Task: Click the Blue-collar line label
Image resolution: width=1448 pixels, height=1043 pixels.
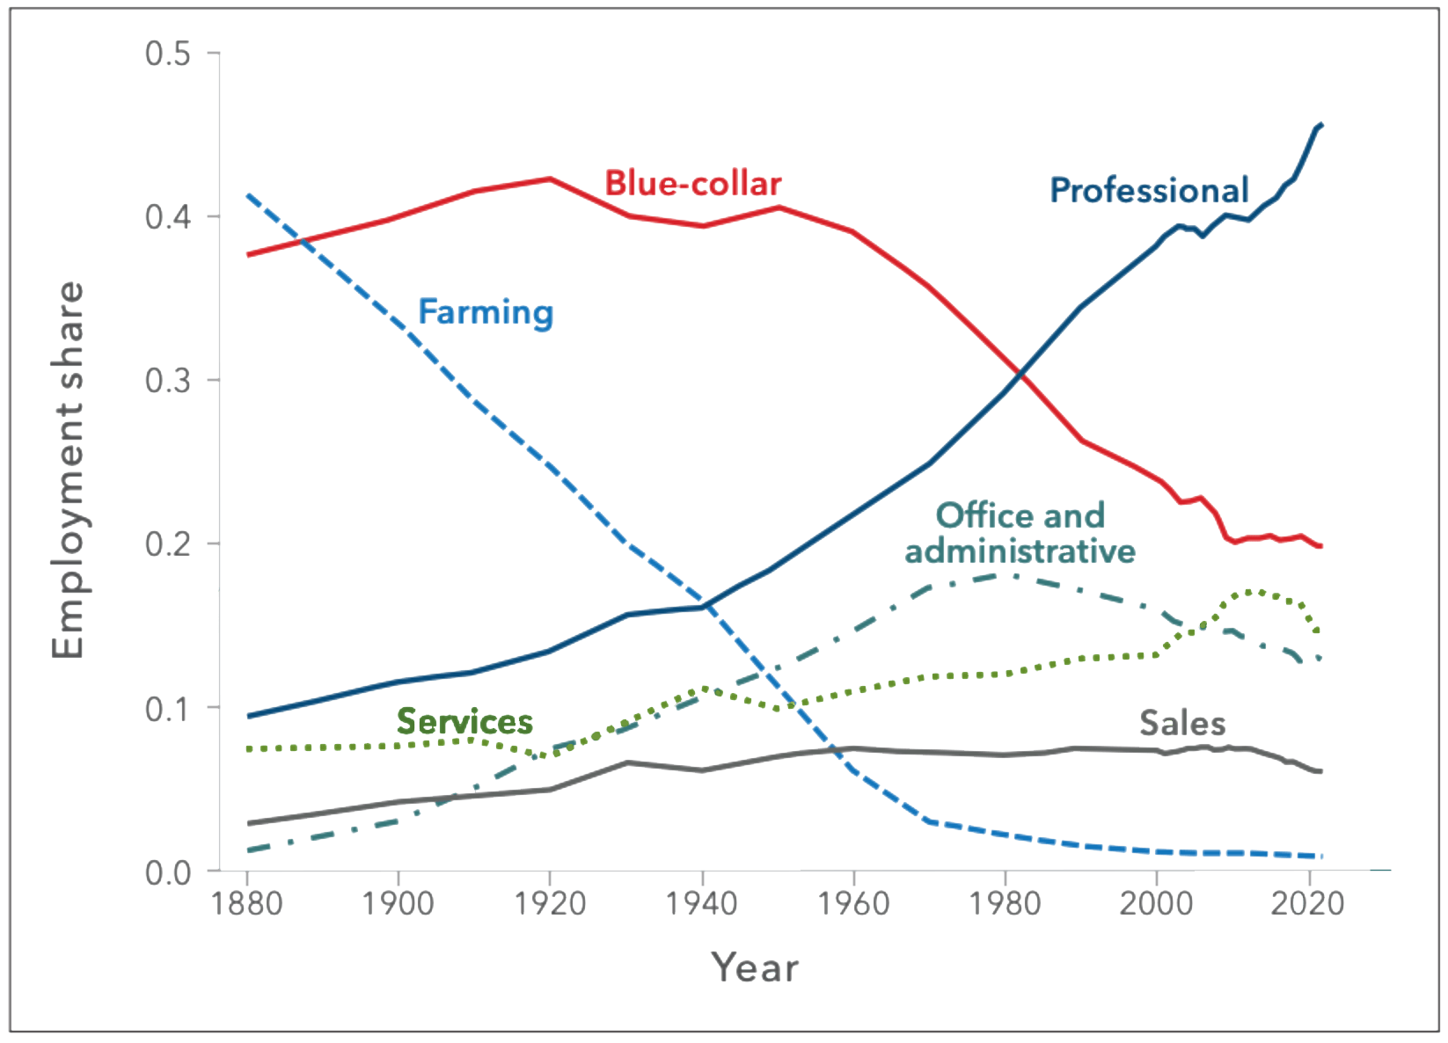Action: tap(693, 185)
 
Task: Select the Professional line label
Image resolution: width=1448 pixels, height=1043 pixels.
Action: tap(1150, 190)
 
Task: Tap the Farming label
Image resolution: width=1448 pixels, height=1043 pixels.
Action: tap(486, 312)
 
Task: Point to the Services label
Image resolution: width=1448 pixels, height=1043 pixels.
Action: tap(464, 722)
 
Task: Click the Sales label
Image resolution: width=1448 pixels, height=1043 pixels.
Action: tap(1182, 723)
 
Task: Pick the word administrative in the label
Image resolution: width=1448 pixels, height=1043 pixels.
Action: tap(1020, 551)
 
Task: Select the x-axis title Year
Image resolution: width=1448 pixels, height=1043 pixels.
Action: tap(756, 968)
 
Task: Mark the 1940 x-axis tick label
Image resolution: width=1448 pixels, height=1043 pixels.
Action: tap(702, 904)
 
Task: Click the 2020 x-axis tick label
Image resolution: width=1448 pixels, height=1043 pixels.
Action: tap(1309, 904)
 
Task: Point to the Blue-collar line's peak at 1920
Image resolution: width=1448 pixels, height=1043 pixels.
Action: tap(550, 179)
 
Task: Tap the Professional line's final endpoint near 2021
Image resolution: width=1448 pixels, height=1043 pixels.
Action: tap(1321, 125)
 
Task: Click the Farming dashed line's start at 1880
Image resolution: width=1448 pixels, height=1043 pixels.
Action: tap(247, 194)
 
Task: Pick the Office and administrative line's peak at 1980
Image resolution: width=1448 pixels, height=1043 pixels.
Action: tap(1013, 576)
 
